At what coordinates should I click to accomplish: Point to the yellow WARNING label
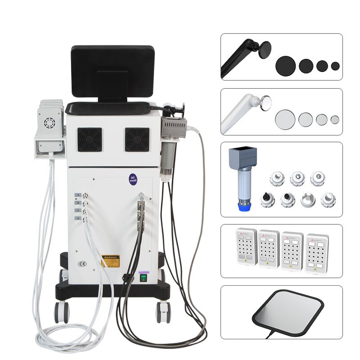[x=110, y=260]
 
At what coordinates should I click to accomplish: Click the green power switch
[x=144, y=278]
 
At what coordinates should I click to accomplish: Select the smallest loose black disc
[x=335, y=66]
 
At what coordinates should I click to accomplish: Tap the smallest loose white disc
[x=335, y=119]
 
